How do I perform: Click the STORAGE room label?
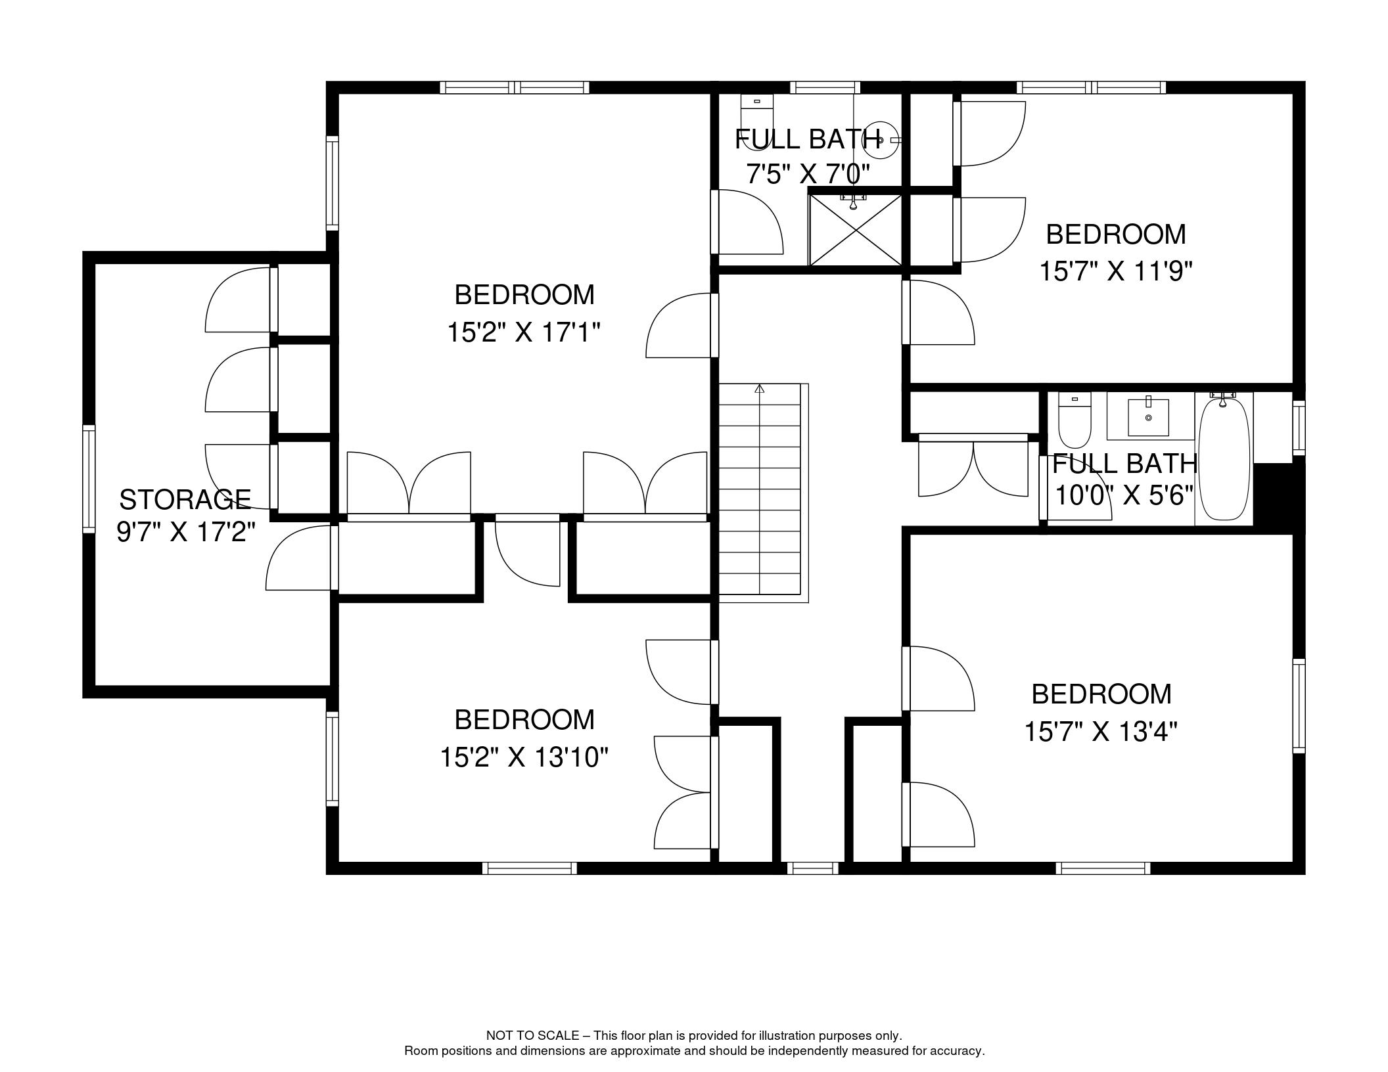[x=185, y=500]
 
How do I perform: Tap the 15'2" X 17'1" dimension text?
[x=524, y=332]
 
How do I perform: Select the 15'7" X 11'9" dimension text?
[x=1116, y=271]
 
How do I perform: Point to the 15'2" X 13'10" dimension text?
[x=524, y=757]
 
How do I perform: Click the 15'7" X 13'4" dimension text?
[x=1101, y=731]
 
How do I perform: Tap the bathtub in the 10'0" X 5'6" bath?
[x=1224, y=457]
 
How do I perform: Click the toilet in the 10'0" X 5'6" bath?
[x=1075, y=420]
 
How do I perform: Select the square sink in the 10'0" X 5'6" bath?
[x=1148, y=416]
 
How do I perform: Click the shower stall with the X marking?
[x=856, y=230]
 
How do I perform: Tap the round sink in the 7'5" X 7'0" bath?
[x=879, y=140]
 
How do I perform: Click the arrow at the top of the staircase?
[x=760, y=389]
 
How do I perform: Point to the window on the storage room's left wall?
[x=88, y=478]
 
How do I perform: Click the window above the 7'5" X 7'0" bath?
[x=825, y=87]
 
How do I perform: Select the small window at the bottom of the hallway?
[x=813, y=868]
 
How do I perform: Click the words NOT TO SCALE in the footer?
[x=532, y=1036]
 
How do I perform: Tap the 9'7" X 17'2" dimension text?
[x=185, y=531]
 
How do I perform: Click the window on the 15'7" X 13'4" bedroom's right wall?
[x=1299, y=706]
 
